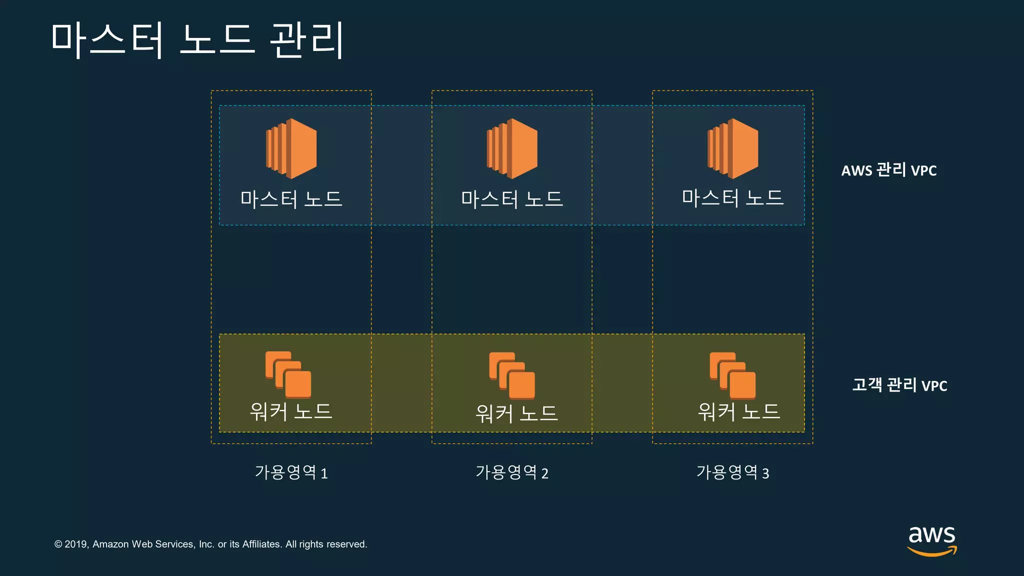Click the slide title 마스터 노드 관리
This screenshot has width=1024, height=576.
coord(197,40)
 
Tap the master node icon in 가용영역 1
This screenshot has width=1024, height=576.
coord(291,148)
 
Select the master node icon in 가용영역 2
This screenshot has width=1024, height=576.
coord(512,148)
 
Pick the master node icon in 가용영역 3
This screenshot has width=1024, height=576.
coord(733,148)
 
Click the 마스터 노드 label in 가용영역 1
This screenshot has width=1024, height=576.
coord(291,199)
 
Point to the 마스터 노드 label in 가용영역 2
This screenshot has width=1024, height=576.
coord(512,199)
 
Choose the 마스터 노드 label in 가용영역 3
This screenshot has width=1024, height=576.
coord(732,198)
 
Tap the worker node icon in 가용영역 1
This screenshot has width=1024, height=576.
coord(288,374)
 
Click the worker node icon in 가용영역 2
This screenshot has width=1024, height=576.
coord(512,375)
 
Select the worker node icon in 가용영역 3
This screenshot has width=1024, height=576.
coord(733,375)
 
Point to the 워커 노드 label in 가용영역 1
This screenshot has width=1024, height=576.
coord(291,411)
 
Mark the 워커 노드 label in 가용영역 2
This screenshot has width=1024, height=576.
coord(516,413)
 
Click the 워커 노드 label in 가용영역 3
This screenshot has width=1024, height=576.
coord(739,411)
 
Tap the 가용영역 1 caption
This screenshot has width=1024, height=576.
coord(291,472)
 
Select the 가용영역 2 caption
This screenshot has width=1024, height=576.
coord(512,472)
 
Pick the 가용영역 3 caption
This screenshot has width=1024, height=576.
coord(733,472)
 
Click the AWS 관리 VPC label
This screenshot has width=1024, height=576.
coord(889,170)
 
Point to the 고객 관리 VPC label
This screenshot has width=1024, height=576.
coord(899,385)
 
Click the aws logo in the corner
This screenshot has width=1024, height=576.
coord(932,540)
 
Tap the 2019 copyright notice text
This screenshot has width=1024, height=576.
coord(210,544)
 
